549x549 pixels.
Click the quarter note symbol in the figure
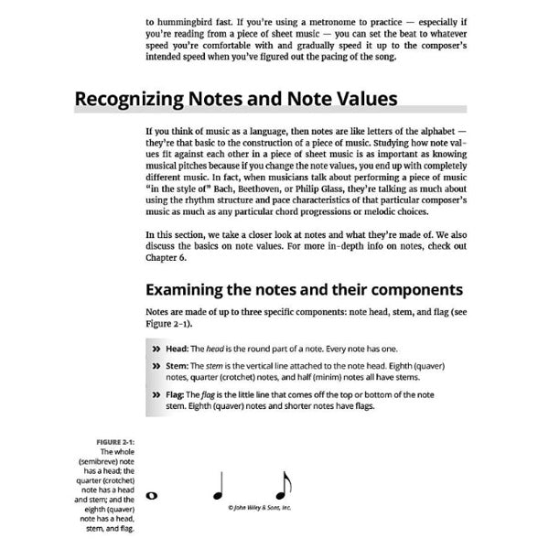point(218,485)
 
